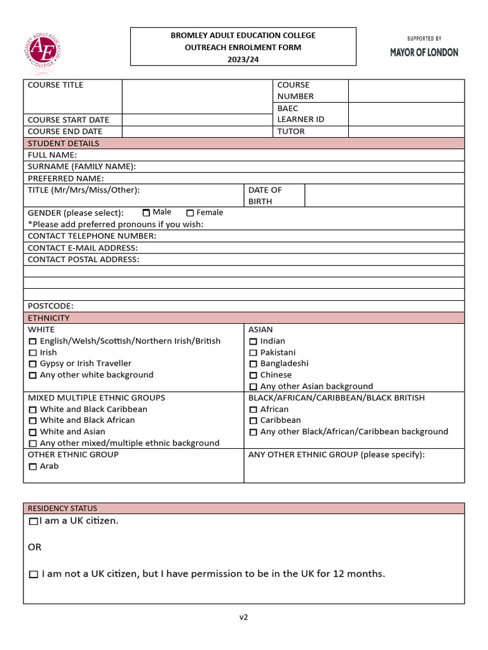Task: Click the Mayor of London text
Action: (x=424, y=53)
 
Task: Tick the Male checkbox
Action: (x=146, y=213)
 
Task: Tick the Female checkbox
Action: (x=190, y=213)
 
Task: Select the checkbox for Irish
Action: (x=33, y=353)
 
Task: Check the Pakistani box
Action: (x=253, y=353)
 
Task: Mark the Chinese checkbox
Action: (x=253, y=375)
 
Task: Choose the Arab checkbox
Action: (x=33, y=467)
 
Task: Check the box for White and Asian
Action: (x=33, y=432)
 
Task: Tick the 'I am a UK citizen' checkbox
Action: (x=34, y=521)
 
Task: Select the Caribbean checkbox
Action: (x=253, y=421)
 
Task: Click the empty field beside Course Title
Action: (x=196, y=96)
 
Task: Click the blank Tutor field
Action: (x=406, y=131)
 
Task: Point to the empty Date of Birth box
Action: (x=384, y=196)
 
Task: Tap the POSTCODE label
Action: (x=50, y=306)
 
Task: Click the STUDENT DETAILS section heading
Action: (x=64, y=143)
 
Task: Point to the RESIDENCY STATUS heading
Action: (x=62, y=508)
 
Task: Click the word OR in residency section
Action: (x=34, y=547)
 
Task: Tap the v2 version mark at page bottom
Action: (x=244, y=617)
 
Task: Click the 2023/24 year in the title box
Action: (x=243, y=59)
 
